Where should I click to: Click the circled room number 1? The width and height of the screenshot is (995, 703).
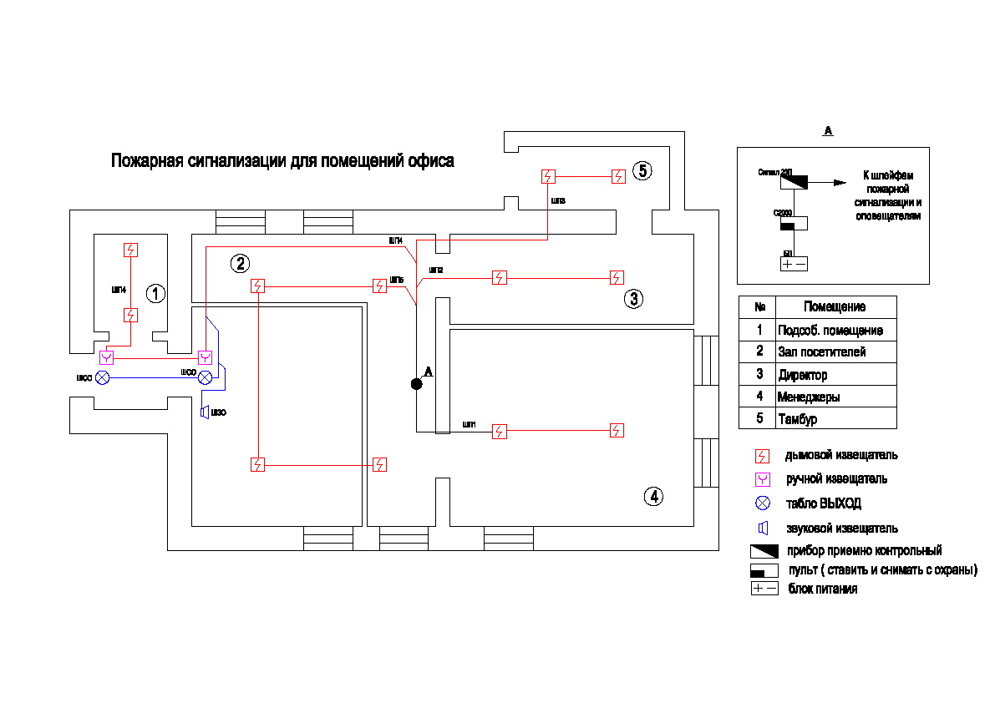pyautogui.click(x=156, y=294)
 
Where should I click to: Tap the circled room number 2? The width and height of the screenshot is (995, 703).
pyautogui.click(x=240, y=264)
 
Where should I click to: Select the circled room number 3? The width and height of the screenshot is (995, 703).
pyautogui.click(x=634, y=299)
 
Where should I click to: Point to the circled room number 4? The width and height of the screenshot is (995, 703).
pyautogui.click(x=654, y=497)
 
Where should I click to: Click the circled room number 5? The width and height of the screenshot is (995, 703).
pyautogui.click(x=642, y=171)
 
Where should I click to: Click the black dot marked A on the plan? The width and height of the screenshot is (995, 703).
pyautogui.click(x=416, y=384)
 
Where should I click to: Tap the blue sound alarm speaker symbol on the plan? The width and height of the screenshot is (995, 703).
pyautogui.click(x=204, y=412)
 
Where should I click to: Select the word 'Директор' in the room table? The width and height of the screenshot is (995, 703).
pyautogui.click(x=802, y=375)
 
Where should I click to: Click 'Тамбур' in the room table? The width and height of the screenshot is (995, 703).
pyautogui.click(x=797, y=419)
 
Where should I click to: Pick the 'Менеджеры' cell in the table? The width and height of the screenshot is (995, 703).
pyautogui.click(x=808, y=397)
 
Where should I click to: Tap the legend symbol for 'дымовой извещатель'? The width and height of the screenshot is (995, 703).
pyautogui.click(x=761, y=456)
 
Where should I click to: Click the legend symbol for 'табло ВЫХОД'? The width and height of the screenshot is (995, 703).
pyautogui.click(x=761, y=503)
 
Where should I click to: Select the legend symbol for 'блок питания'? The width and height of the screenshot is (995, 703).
pyautogui.click(x=764, y=589)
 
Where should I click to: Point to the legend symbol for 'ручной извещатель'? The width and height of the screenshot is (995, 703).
pyautogui.click(x=761, y=479)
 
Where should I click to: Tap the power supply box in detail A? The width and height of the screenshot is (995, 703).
pyautogui.click(x=794, y=264)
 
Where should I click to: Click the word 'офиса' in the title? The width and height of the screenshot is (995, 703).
pyautogui.click(x=430, y=161)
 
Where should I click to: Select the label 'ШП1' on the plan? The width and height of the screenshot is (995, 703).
pyautogui.click(x=469, y=425)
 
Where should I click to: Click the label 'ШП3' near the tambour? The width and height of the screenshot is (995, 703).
pyautogui.click(x=558, y=201)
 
